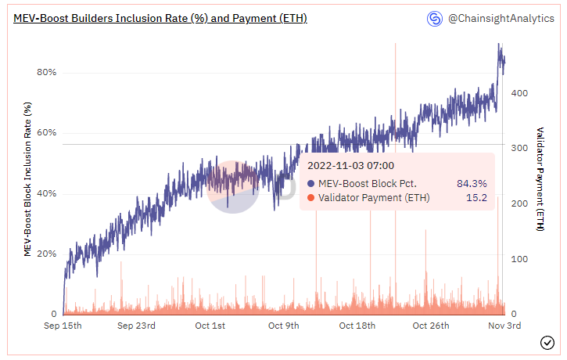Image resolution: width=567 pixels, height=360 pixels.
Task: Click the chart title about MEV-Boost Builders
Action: tap(160, 17)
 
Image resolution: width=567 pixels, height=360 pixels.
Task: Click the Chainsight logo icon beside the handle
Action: tap(434, 17)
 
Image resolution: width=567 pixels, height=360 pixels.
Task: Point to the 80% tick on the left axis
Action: tap(46, 72)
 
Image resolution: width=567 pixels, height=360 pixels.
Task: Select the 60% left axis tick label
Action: tap(46, 132)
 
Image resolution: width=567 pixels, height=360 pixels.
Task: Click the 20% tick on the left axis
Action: tap(46, 254)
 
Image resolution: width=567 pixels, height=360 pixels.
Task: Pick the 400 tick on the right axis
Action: tap(519, 93)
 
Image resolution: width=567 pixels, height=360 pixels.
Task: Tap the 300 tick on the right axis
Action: tap(519, 148)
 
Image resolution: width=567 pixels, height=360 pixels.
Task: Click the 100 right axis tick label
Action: tap(519, 259)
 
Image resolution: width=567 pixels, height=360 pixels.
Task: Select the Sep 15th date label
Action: tap(64, 326)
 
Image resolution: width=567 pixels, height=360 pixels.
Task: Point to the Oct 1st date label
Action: tap(209, 326)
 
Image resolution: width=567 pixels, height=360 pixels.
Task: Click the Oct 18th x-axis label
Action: tap(358, 326)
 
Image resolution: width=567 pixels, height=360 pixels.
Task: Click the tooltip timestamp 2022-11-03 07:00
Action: tap(350, 165)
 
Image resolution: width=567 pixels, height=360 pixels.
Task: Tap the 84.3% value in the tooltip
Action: tap(472, 183)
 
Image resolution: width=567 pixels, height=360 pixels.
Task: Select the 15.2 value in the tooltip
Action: tap(477, 198)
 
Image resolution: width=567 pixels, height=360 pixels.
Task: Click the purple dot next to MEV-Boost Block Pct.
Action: tap(310, 183)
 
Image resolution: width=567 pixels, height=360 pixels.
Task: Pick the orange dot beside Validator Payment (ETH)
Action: tap(310, 198)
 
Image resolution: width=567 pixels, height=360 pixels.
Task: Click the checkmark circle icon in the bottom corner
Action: tap(547, 342)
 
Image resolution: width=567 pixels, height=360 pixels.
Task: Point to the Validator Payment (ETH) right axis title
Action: tap(540, 179)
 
